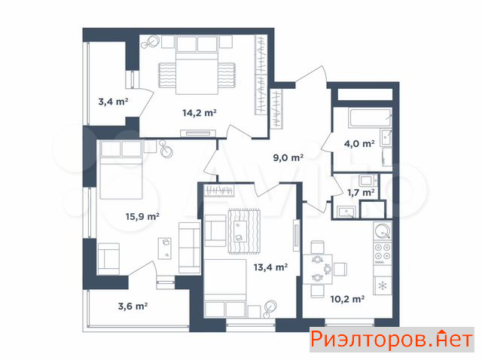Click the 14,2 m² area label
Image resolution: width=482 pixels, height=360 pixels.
[x=200, y=113]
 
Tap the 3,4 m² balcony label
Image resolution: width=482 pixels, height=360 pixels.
[x=113, y=102]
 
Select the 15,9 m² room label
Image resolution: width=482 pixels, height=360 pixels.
[x=142, y=216]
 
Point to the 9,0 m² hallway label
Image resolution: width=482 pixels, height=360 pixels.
[x=288, y=157]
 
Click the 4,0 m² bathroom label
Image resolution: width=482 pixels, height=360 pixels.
[x=359, y=144]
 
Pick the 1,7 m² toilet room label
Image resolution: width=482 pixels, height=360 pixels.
[x=361, y=193]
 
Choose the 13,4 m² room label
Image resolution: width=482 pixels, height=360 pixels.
[x=270, y=267]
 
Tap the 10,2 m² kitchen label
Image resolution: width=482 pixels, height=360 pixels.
[x=347, y=299]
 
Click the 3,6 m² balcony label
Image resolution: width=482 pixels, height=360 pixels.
[x=133, y=307]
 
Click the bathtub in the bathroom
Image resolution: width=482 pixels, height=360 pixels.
[x=370, y=117]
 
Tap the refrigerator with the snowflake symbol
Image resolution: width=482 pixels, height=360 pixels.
[x=383, y=286]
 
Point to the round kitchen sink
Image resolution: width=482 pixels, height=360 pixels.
[x=383, y=230]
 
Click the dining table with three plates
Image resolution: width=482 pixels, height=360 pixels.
[x=318, y=270]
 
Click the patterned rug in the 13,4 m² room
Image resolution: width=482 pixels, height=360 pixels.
[x=244, y=231]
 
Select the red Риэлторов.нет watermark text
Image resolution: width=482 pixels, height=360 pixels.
[x=392, y=340]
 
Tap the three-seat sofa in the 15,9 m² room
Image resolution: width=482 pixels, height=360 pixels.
[x=190, y=248]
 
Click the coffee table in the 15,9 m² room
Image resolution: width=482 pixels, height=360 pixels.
[x=165, y=249]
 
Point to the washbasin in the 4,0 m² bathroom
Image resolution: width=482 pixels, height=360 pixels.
[x=386, y=137]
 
